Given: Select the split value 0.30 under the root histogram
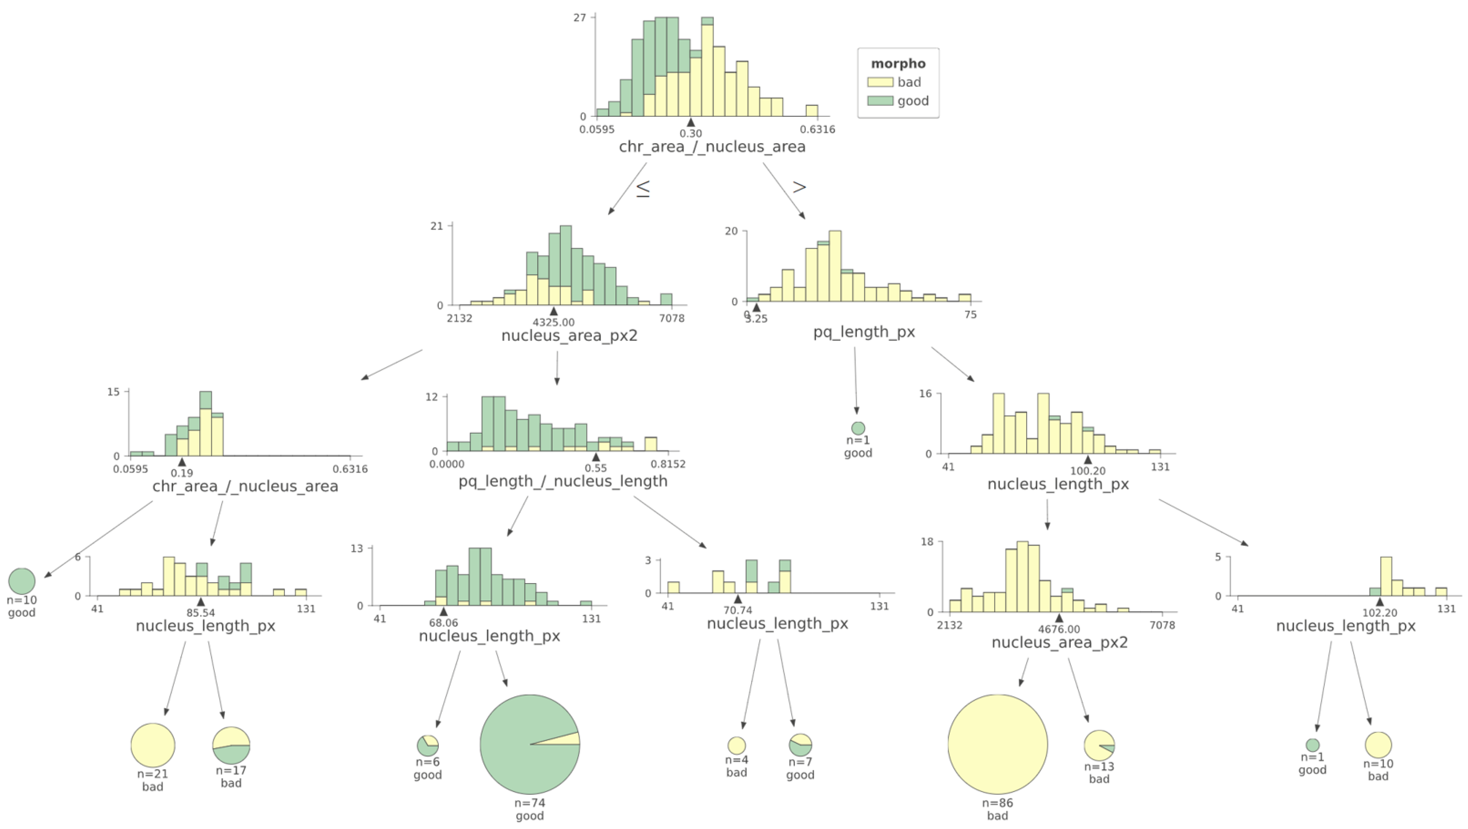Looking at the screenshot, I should [691, 133].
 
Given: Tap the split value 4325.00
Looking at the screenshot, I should [553, 322].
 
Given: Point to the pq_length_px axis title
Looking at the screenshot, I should [864, 332].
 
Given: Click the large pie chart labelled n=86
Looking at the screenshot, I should [997, 744].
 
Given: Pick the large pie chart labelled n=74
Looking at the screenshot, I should [530, 744].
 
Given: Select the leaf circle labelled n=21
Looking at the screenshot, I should [153, 745].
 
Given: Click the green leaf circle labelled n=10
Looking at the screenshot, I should [22, 581].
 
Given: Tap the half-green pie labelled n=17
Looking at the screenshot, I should [231, 745].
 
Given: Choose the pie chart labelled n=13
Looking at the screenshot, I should [1099, 745].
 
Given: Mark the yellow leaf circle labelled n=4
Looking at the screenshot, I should [736, 745].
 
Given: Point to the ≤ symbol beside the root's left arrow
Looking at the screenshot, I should [643, 189].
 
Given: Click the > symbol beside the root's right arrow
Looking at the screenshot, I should [800, 187].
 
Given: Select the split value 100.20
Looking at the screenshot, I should [1087, 471].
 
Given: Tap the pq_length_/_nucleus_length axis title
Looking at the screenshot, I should [563, 481].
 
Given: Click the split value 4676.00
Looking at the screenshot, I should [1059, 630].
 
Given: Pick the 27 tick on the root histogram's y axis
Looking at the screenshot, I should [580, 18].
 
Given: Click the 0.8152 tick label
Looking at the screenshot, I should [668, 464].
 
